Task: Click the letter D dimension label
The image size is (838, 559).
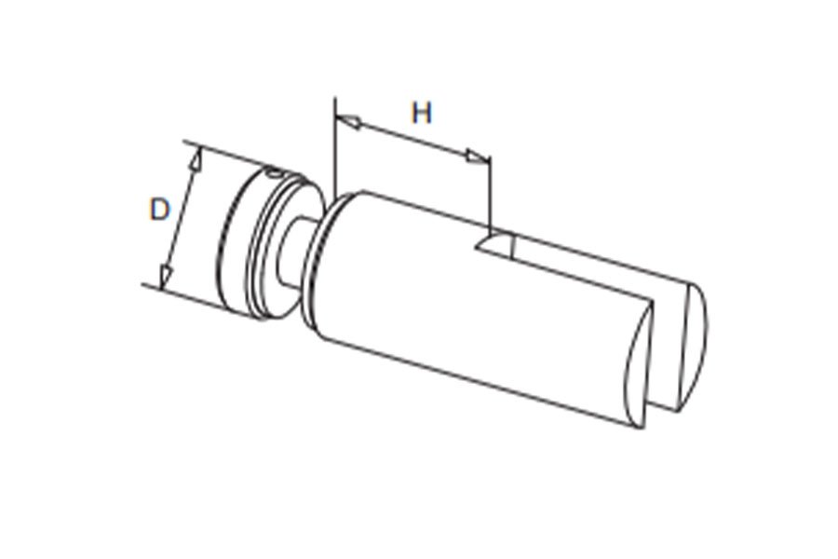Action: pyautogui.click(x=159, y=209)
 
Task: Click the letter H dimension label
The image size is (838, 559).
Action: pyautogui.click(x=422, y=113)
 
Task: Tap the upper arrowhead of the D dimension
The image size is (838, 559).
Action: pyautogui.click(x=196, y=159)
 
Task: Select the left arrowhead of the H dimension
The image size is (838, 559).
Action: pyautogui.click(x=348, y=121)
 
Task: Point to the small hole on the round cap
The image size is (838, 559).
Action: pyautogui.click(x=274, y=172)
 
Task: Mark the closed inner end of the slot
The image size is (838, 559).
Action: pyautogui.click(x=494, y=242)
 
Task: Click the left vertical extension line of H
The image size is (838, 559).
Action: pyautogui.click(x=335, y=147)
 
